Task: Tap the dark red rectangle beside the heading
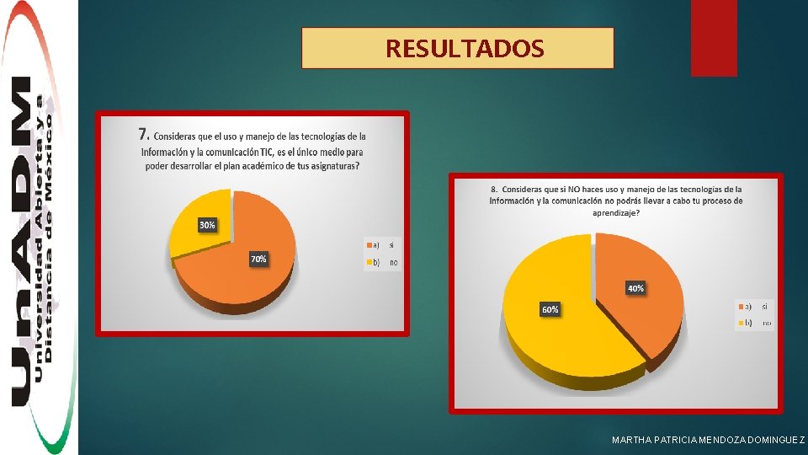713,37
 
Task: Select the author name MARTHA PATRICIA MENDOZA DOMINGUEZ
708,441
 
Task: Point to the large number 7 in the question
144,135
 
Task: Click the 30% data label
206,225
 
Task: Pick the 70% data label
258,260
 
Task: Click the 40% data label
635,288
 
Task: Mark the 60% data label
549,310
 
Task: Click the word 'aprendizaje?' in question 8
615,213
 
